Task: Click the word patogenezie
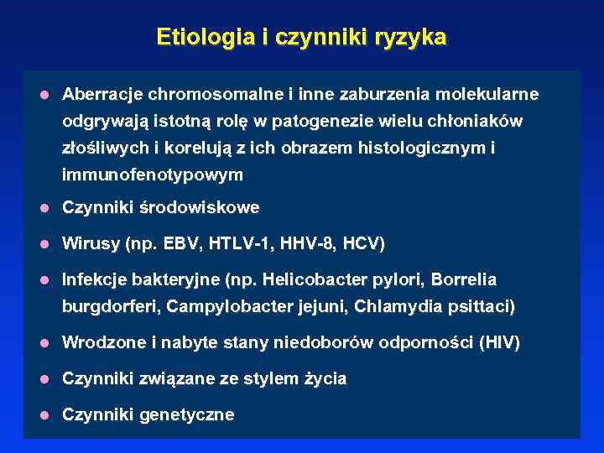pos(315,121)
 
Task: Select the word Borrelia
pos(464,279)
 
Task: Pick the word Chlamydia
pos(395,306)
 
